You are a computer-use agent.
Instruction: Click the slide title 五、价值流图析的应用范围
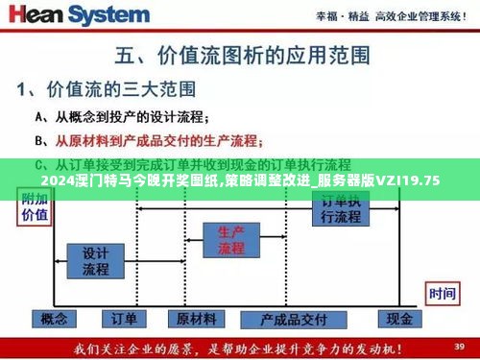point(240,54)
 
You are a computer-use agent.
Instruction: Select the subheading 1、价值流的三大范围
point(106,90)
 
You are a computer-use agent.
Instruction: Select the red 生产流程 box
point(231,240)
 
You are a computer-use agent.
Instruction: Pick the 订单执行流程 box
point(341,209)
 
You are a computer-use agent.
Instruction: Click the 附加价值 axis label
point(34,207)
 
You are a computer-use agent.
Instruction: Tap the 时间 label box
point(442,294)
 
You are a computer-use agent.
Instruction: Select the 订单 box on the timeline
point(124,319)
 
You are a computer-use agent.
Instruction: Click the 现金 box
point(397,319)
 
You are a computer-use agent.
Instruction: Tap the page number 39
point(459,344)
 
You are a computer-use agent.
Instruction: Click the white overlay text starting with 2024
point(240,180)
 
